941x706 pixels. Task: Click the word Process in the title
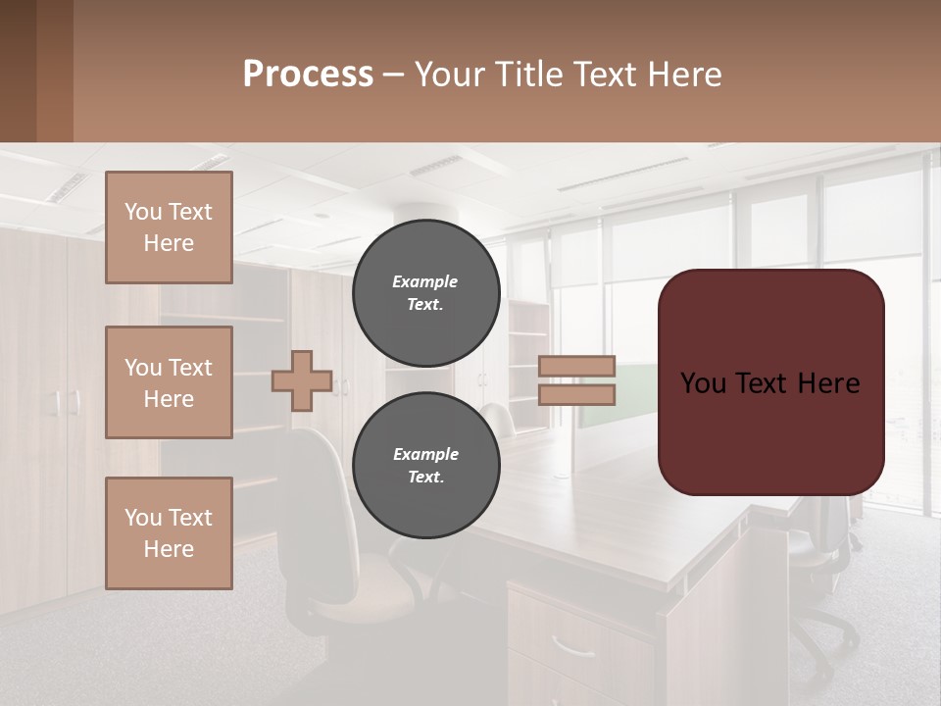(x=308, y=75)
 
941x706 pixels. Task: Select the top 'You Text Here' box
(x=169, y=227)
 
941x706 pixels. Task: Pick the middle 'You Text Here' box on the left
(x=169, y=382)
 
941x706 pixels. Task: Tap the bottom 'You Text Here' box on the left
(x=169, y=533)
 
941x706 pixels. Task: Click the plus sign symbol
(x=302, y=380)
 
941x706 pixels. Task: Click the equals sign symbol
(x=577, y=380)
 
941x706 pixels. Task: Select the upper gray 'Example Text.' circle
(x=426, y=292)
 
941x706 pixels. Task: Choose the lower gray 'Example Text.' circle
(x=426, y=465)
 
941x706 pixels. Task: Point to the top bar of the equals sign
(x=577, y=366)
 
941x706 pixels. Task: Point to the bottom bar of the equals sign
(x=577, y=395)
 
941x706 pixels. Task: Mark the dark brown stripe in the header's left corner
(x=18, y=71)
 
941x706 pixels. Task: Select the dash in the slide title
(x=393, y=75)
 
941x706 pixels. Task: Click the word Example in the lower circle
(x=425, y=454)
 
